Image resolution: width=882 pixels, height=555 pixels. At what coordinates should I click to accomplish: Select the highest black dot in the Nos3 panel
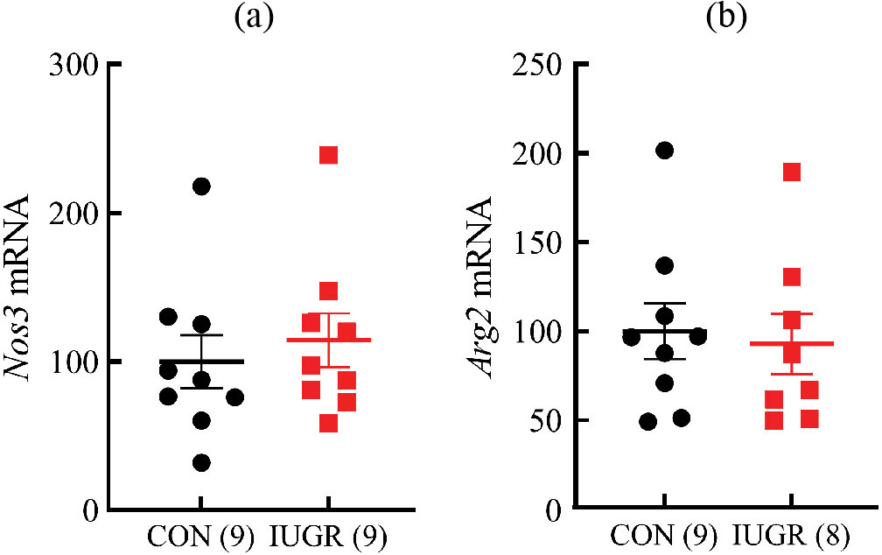pos(201,186)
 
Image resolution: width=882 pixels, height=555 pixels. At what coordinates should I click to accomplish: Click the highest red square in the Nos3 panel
pos(329,155)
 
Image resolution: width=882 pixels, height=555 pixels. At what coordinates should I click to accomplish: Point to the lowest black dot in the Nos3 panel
pos(201,463)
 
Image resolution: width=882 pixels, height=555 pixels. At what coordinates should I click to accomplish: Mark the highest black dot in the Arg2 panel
pos(665,151)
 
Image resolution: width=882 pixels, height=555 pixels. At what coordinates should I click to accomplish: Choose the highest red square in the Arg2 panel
pos(792,172)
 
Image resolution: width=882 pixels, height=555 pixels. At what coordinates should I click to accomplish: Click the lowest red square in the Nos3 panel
pos(329,424)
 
